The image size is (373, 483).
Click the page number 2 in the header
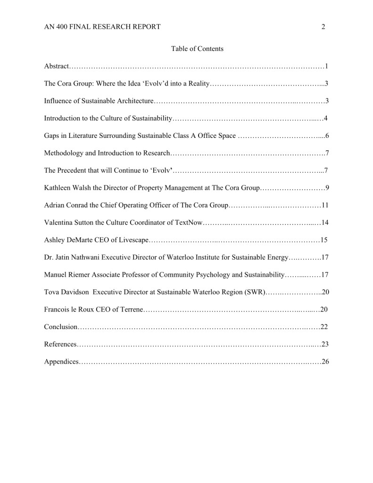coord(323,27)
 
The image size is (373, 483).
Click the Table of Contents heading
coord(197,49)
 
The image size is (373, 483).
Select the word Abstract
coord(57,66)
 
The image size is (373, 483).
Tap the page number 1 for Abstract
coord(326,66)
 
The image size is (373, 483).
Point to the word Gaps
coord(51,136)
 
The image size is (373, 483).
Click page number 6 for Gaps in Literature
coord(326,136)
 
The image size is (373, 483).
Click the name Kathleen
coord(58,188)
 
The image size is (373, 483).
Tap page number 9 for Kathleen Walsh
coord(327,188)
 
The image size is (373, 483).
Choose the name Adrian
coord(55,205)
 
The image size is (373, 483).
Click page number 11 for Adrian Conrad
coord(325,205)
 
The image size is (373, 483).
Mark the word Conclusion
coord(60,327)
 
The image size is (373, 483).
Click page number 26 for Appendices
coord(325,362)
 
